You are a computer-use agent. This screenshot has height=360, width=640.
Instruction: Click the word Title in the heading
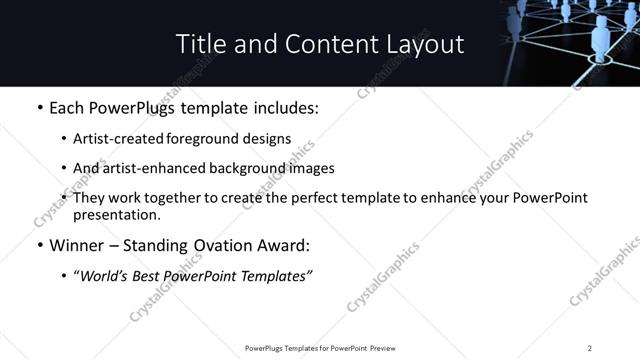click(x=198, y=44)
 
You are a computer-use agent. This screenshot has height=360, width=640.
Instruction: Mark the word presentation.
click(x=116, y=214)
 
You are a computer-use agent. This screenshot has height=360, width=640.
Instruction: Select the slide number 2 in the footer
click(x=590, y=348)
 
